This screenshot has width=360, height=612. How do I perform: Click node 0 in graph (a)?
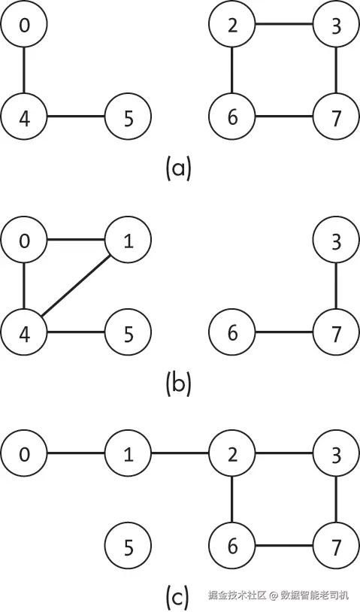(24, 24)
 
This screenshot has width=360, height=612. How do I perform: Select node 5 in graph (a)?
(128, 117)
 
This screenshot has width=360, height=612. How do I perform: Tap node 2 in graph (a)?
(232, 24)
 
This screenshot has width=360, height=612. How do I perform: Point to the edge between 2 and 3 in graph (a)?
(284, 24)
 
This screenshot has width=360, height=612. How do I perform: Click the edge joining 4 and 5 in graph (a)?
(76, 117)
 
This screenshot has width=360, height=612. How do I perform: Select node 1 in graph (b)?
(128, 239)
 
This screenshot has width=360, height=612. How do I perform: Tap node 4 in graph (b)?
(24, 332)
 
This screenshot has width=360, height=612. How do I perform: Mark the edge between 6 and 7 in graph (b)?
(284, 332)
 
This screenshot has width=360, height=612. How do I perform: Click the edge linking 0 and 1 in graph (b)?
(76, 239)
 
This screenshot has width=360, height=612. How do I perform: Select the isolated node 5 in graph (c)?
(128, 547)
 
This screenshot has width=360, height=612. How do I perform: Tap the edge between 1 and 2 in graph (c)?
(180, 453)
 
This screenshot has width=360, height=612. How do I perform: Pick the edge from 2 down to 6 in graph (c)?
(232, 500)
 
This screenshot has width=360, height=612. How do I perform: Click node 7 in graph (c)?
(336, 547)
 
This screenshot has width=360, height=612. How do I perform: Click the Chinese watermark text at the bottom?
(277, 595)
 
